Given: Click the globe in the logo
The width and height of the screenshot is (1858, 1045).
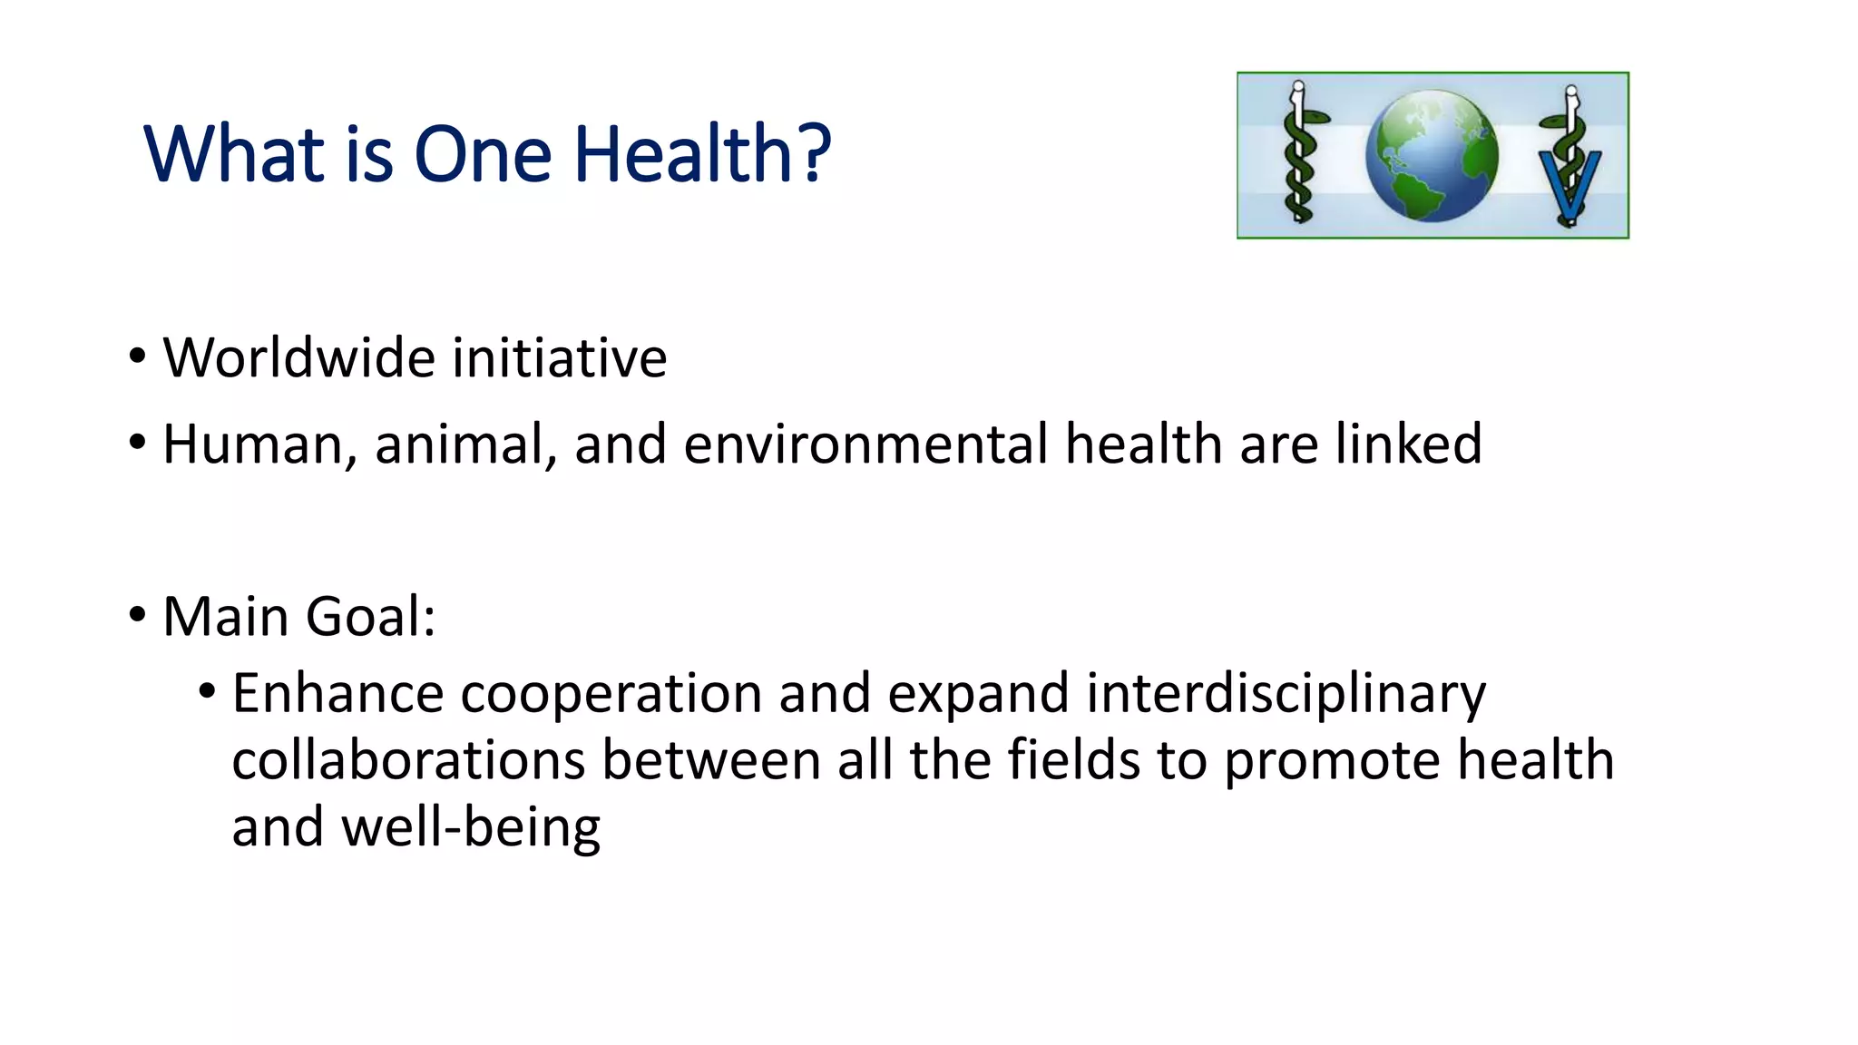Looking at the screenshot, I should [x=1432, y=156].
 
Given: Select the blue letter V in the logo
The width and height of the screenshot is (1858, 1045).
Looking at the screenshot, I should [x=1570, y=186].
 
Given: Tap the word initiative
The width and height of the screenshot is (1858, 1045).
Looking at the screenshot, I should [x=559, y=357].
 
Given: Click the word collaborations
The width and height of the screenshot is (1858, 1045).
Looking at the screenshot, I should [x=408, y=760].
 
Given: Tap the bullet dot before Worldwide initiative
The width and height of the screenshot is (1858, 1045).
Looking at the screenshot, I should [x=137, y=356].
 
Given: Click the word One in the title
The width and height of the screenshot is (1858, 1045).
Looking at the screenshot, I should [x=483, y=154].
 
